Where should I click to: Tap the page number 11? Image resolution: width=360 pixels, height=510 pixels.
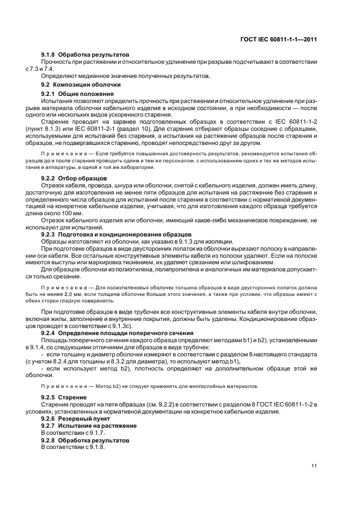(314, 465)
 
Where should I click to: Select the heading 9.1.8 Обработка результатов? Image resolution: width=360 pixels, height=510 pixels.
(86, 56)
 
